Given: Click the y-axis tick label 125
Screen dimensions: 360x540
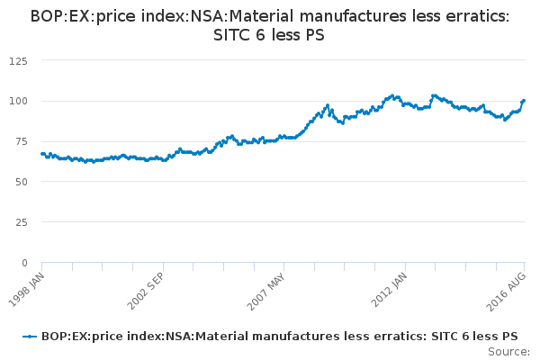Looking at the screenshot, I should (19, 60).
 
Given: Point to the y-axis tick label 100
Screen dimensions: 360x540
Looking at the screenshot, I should (19, 101).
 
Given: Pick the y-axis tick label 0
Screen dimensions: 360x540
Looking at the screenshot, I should (24, 263).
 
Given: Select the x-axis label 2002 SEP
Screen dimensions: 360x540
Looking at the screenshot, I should (146, 286).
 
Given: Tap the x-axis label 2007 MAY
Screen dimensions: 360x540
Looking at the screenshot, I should (266, 286).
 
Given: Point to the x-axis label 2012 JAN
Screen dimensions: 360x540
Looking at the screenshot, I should (388, 286).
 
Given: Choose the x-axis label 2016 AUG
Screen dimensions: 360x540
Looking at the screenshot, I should (508, 286).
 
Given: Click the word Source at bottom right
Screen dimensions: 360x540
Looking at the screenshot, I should (509, 351).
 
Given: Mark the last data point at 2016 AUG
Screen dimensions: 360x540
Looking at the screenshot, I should (523, 101).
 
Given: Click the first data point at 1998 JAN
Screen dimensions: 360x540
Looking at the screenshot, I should (42, 154).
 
